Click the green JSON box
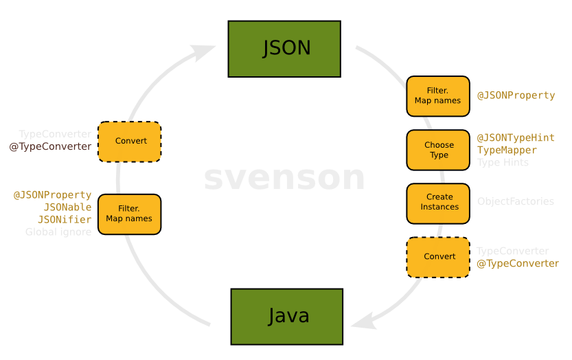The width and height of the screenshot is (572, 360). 284,49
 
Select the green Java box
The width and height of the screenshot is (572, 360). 287,316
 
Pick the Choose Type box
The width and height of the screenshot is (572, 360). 438,150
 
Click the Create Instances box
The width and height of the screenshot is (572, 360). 438,202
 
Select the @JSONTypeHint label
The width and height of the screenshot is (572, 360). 516,138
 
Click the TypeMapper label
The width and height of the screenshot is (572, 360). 507,150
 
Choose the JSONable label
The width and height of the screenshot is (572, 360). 67,207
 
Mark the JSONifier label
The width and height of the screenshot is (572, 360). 65,219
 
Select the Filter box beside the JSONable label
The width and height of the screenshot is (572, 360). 129,214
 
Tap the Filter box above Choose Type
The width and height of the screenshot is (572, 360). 438,95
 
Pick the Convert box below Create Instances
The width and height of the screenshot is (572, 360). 438,256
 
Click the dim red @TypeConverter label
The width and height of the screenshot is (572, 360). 51,146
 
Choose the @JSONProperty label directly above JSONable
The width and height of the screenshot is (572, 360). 52,195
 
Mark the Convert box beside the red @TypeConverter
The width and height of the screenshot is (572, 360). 130,141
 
